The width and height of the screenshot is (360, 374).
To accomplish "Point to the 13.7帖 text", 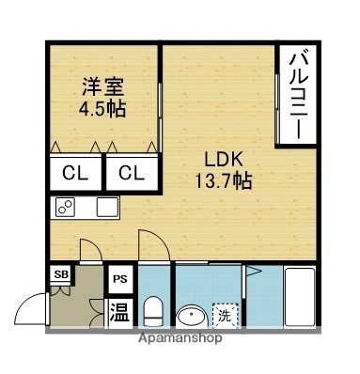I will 222,180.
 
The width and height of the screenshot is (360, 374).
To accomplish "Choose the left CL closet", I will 74,174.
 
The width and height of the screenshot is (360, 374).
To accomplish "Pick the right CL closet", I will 131,174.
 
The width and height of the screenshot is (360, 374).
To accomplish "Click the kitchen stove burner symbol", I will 65,208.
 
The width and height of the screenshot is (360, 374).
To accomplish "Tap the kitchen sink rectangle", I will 105,207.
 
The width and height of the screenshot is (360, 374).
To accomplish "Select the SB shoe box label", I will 61,274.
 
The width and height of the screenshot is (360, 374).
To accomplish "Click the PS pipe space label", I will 120,278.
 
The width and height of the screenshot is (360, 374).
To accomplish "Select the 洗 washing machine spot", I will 225,314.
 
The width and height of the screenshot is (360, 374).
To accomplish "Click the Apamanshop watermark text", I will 179,338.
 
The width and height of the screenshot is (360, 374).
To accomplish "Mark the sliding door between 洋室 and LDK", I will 161,113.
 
